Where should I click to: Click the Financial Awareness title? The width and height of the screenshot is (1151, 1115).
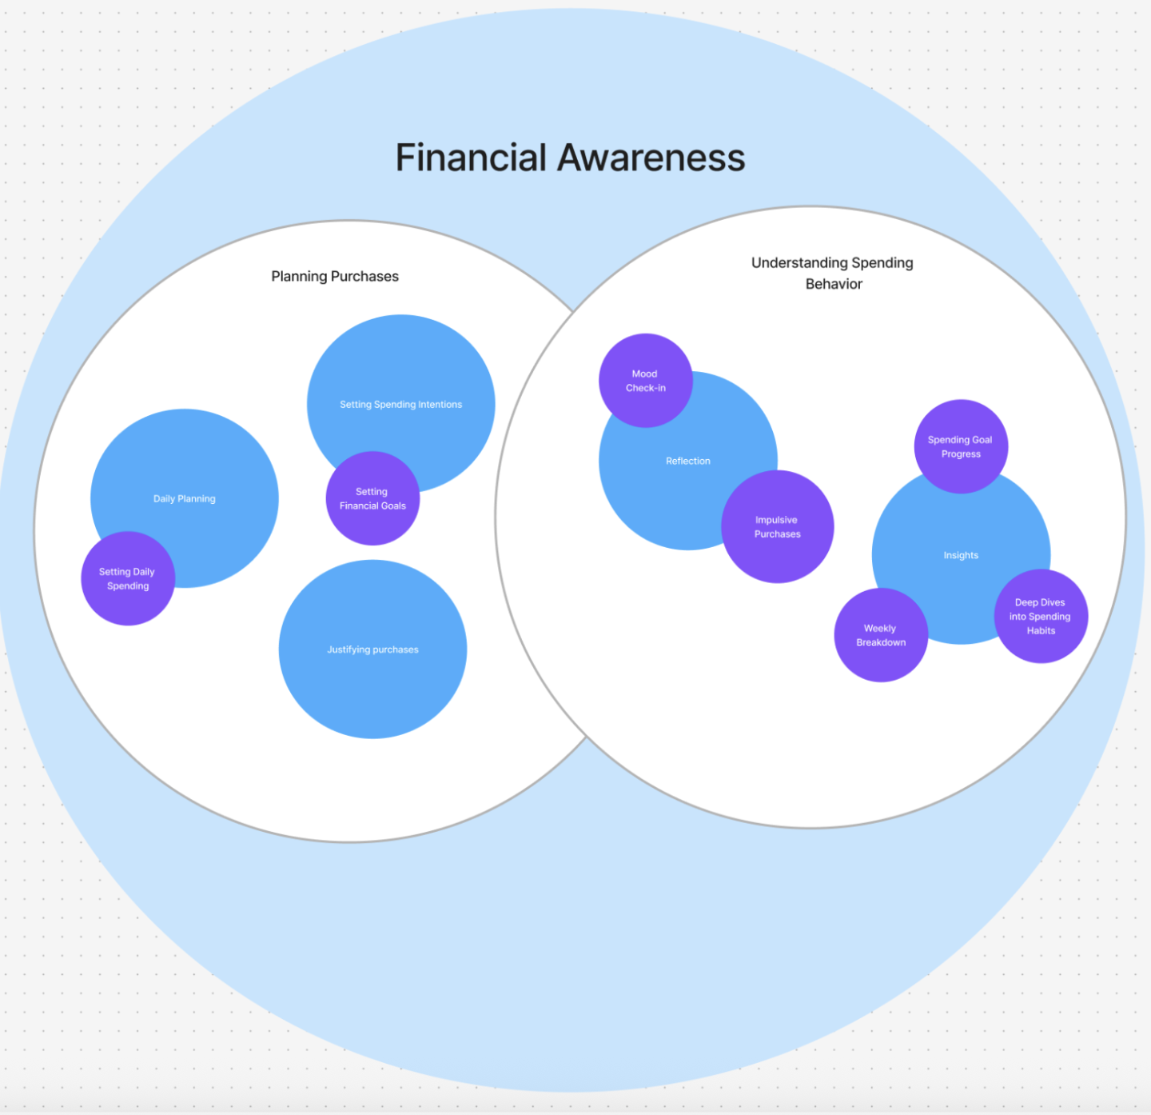click(570, 158)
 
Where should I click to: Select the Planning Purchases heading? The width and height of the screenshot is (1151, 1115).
click(335, 276)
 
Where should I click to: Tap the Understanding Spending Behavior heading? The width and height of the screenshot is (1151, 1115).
click(832, 273)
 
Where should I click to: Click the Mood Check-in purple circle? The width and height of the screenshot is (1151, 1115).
click(645, 381)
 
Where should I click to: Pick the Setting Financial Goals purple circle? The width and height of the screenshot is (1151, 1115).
click(372, 498)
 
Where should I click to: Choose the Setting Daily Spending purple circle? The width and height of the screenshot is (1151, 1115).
click(128, 578)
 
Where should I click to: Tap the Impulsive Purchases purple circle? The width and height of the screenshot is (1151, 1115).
click(777, 527)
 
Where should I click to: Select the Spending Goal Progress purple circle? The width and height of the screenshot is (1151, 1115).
click(961, 446)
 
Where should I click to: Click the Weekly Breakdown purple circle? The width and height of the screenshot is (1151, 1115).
click(881, 635)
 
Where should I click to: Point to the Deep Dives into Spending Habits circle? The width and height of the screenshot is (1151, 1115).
click(1041, 616)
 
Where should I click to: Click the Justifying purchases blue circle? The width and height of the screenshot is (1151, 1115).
click(372, 649)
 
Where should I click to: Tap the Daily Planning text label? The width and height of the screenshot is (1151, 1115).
click(185, 498)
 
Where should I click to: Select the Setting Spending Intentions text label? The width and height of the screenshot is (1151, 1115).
click(400, 405)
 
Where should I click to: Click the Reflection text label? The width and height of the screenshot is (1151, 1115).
click(688, 461)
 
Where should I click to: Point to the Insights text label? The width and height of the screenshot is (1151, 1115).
click(961, 555)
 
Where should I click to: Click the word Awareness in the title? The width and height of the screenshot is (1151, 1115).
click(651, 158)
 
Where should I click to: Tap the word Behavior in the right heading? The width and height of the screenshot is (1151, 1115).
click(834, 284)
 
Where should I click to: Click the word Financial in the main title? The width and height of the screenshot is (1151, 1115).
click(471, 158)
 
